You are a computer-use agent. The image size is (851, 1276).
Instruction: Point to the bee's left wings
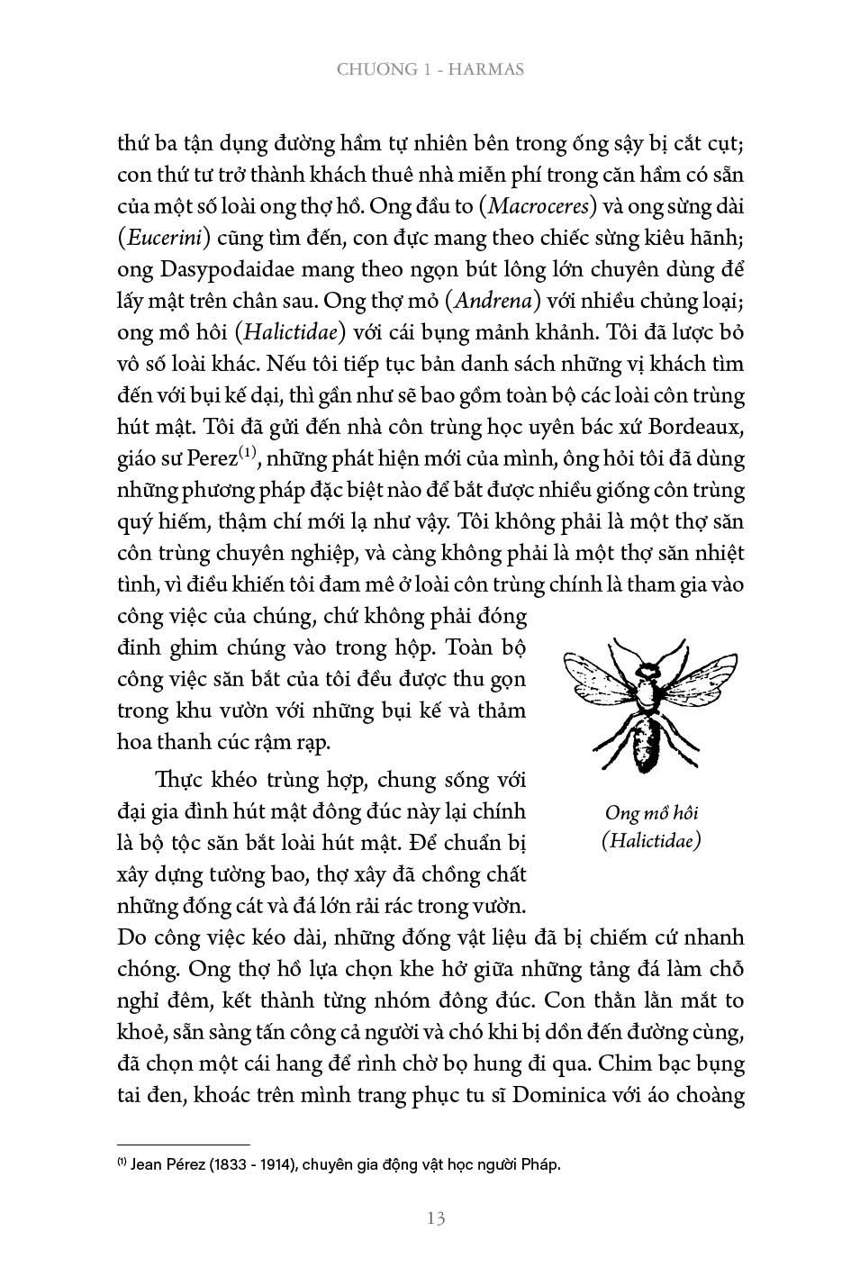click(x=599, y=680)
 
